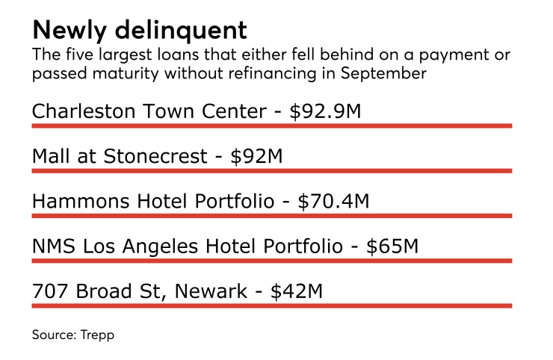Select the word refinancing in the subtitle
click(x=274, y=75)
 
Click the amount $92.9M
click(x=326, y=111)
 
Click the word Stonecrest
click(x=159, y=156)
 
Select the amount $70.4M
click(x=333, y=201)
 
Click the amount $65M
click(x=393, y=246)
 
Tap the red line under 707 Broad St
click(x=271, y=305)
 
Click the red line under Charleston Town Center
click(x=271, y=126)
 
